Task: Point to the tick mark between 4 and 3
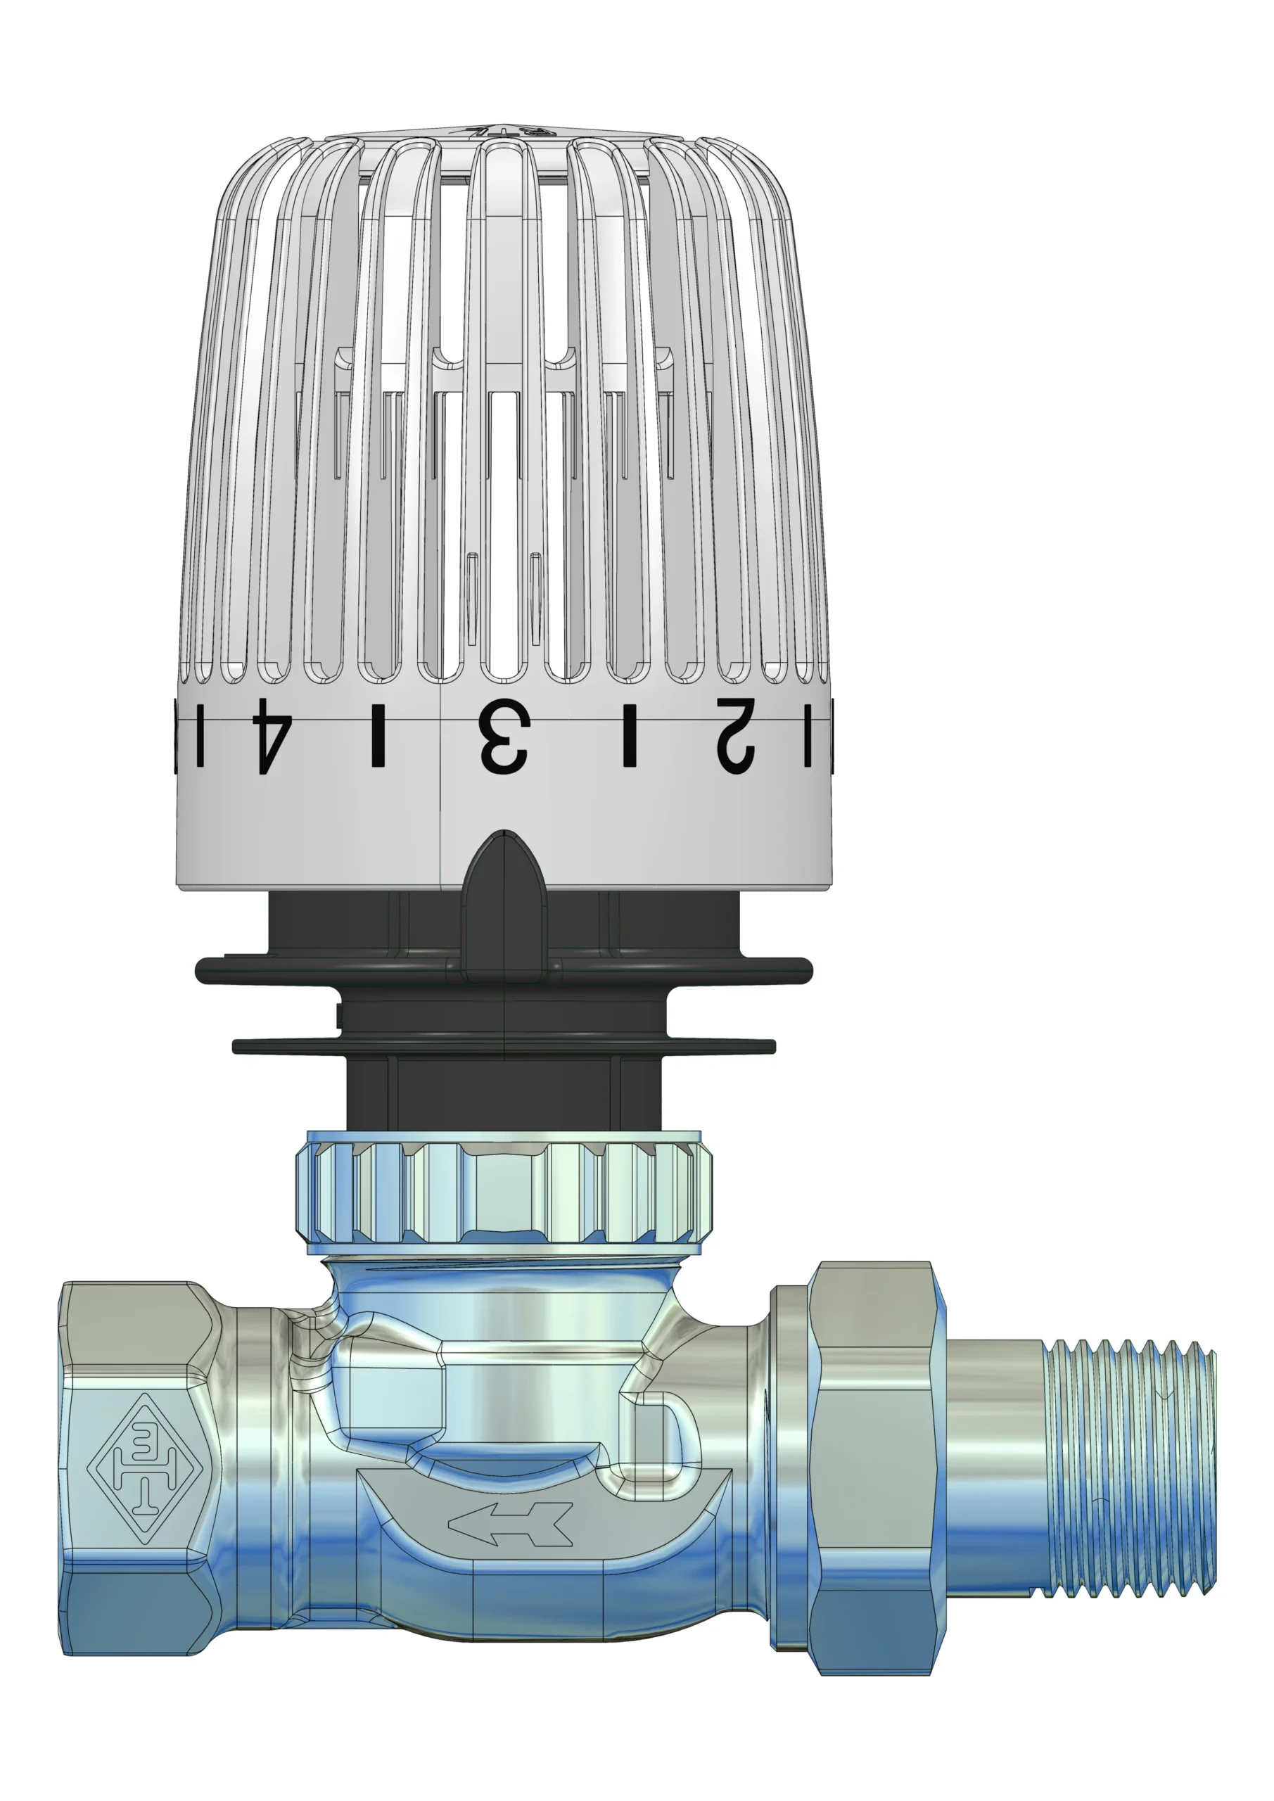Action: tap(378, 736)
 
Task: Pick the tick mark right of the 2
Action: tap(808, 734)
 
